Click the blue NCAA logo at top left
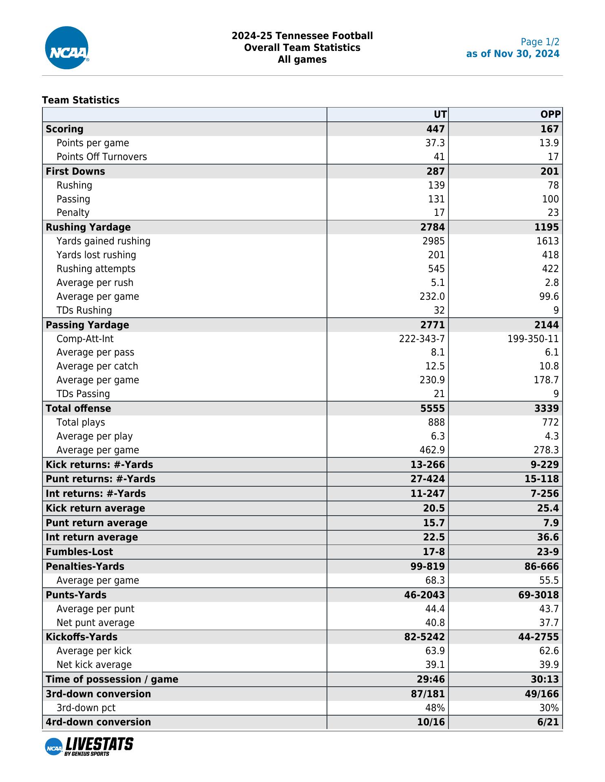67,48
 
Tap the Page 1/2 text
540,42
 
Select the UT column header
440,114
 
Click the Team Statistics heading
81,100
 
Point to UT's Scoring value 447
435,129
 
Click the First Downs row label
75,171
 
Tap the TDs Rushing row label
84,310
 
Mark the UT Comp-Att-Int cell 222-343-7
422,339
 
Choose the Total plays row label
81,422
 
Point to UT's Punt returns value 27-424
427,479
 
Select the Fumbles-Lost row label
79,552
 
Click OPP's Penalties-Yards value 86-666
541,567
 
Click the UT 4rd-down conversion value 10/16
431,722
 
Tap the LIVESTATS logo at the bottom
89,746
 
